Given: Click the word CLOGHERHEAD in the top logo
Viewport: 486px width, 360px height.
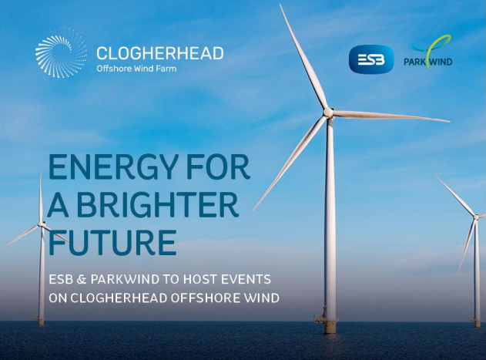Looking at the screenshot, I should tap(159, 53).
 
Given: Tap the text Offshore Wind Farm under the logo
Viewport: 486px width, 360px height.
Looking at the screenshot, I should tap(137, 69).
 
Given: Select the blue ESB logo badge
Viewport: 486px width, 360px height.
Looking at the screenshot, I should tap(371, 59).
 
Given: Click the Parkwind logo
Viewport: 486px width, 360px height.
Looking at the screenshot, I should tap(428, 54).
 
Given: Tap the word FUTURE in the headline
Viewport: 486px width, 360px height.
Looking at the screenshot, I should tap(111, 241).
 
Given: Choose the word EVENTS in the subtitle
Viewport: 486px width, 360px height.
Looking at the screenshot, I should tap(240, 278).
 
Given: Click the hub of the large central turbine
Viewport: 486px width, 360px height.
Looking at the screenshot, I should tap(327, 113).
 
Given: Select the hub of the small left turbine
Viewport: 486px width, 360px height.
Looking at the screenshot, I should tap(42, 226).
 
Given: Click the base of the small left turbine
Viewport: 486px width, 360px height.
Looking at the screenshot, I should tap(42, 318).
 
